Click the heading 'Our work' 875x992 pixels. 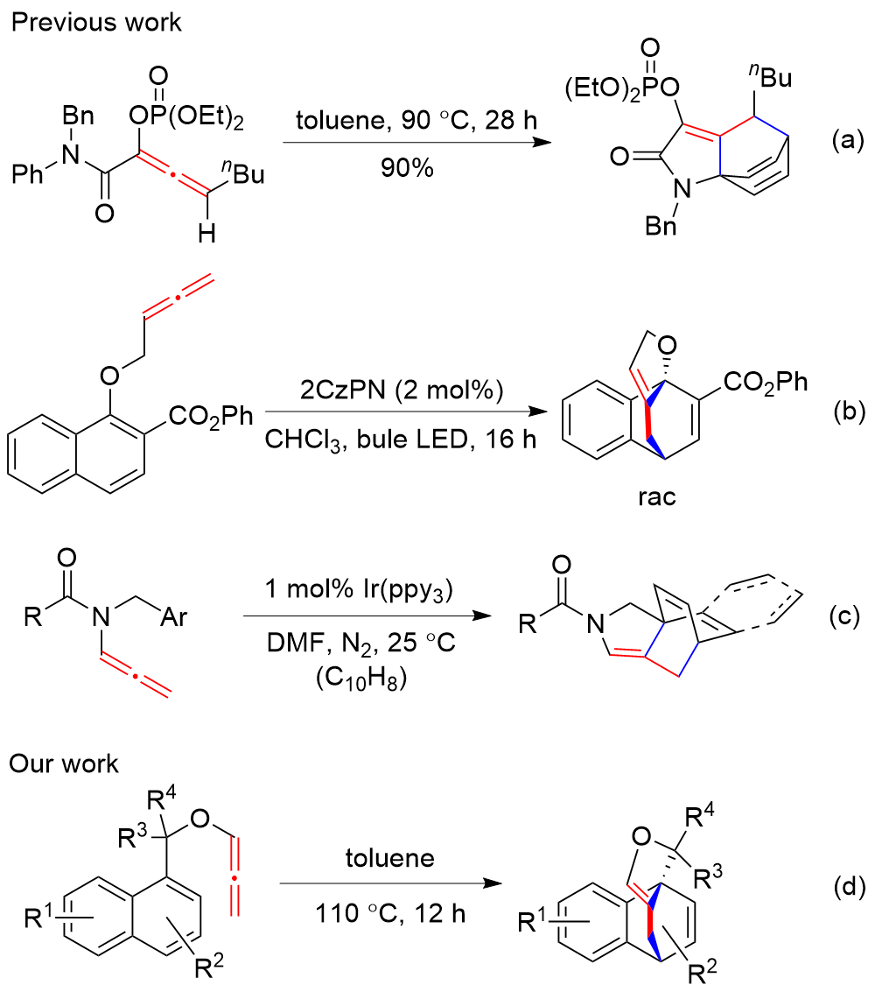point(66,763)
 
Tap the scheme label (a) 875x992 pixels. point(846,137)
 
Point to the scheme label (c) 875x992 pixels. point(846,618)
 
